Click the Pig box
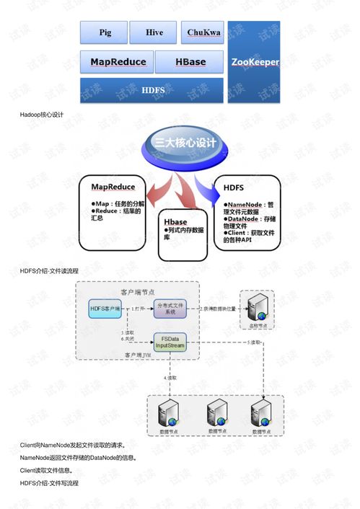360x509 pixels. click(x=105, y=32)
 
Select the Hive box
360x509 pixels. click(x=154, y=32)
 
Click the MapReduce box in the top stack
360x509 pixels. click(x=118, y=63)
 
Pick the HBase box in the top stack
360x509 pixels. click(x=190, y=63)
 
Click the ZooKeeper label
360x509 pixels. click(x=255, y=62)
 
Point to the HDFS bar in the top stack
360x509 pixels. click(x=153, y=91)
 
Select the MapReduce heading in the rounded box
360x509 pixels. click(x=113, y=187)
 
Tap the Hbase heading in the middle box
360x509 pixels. click(x=176, y=222)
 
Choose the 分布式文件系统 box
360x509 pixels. click(x=170, y=309)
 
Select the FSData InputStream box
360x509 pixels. click(x=170, y=342)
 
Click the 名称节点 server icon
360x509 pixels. click(x=258, y=307)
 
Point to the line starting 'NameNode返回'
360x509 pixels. click(x=78, y=458)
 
